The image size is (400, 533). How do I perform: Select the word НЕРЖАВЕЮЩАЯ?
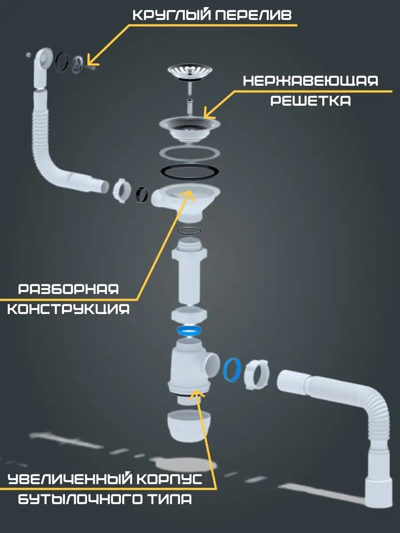pyautogui.click(x=311, y=81)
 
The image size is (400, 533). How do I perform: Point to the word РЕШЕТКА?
pyautogui.click(x=311, y=100)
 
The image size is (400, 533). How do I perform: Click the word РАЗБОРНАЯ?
pyautogui.click(x=68, y=290)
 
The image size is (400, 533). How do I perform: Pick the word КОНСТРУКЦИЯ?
pyautogui.click(x=68, y=309)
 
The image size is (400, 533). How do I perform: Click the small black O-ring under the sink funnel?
pyautogui.click(x=189, y=231)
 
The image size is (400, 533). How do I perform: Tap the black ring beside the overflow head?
pyautogui.click(x=62, y=61)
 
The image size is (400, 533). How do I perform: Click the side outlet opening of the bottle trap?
pyautogui.click(x=212, y=365)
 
